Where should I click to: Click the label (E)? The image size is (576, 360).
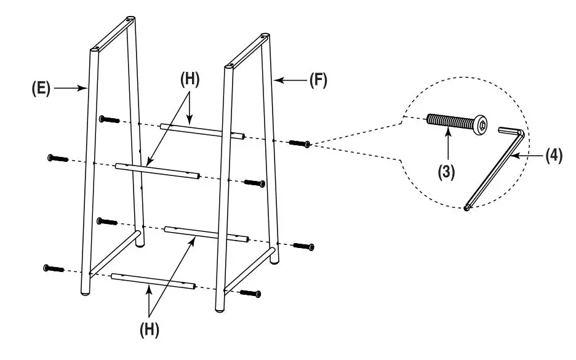click(41, 88)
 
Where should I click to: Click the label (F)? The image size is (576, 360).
click(318, 80)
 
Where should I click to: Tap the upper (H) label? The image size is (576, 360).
click(190, 79)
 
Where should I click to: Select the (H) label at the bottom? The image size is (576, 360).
click(150, 329)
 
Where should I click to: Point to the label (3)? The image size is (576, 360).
click(446, 172)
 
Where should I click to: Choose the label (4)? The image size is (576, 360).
click(554, 156)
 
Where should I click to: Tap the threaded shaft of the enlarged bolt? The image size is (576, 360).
click(450, 121)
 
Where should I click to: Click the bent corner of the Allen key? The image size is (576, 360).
click(521, 132)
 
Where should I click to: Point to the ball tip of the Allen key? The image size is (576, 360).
click(466, 208)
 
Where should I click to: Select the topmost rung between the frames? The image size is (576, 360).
click(202, 132)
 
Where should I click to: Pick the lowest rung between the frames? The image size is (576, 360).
click(153, 281)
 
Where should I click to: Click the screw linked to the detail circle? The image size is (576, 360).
click(300, 143)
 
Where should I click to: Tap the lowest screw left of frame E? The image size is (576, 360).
click(54, 268)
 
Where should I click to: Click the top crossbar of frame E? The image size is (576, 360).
click(113, 34)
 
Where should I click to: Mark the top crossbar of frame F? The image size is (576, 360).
click(247, 51)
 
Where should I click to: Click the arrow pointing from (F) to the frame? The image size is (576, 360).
click(290, 80)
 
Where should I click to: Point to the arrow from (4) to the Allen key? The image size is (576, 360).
click(527, 156)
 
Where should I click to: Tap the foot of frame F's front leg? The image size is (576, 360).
click(220, 310)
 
